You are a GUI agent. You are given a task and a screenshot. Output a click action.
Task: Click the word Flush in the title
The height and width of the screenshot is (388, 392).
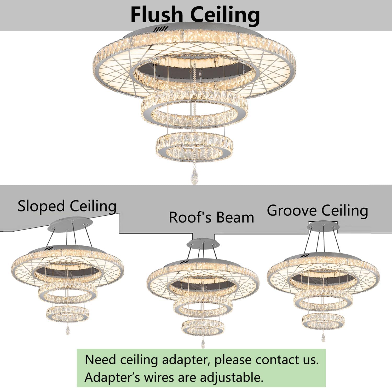point(156,15)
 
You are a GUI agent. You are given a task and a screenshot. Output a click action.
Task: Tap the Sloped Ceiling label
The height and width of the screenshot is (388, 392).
point(67,206)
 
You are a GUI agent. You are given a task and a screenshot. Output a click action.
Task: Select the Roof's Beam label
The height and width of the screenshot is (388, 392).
point(211,217)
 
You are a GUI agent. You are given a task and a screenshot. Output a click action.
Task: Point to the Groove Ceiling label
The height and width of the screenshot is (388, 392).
point(317,210)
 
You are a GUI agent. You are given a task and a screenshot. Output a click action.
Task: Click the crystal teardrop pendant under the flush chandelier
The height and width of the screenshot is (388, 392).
point(194,176)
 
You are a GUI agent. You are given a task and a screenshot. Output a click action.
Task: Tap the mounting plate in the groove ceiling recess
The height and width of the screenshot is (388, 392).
point(323,227)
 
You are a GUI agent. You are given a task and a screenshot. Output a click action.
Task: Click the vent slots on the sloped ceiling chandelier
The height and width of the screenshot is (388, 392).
point(49,248)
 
